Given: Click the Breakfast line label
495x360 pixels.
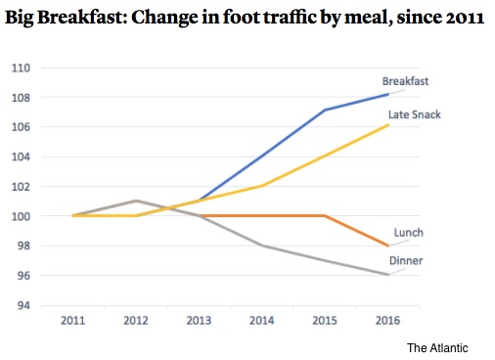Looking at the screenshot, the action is coord(405,81).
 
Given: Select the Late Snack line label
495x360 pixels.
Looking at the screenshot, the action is coord(415,114).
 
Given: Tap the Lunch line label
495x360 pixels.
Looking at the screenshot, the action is coord(409,233).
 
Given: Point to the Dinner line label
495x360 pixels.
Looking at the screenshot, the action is coord(406,260).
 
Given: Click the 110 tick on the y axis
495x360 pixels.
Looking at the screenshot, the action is coord(21,68).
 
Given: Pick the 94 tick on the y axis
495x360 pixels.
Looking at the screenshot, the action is coord(23,305).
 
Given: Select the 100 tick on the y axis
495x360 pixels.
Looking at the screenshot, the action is coord(21,216).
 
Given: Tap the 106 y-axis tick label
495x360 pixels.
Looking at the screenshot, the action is coord(21,127).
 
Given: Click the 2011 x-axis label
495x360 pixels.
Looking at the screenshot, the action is coord(72,321).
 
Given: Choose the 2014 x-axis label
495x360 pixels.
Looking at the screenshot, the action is coord(262,321).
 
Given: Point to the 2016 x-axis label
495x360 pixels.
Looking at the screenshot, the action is coord(387,321).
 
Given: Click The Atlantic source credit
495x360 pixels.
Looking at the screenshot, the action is coord(437,348).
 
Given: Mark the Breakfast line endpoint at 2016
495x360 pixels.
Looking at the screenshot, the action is coord(388,94).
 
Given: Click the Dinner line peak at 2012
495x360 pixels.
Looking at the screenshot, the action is coord(136,201).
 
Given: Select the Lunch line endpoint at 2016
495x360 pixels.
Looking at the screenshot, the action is coord(388,246).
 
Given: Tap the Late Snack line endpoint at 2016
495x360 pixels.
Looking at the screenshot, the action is coord(388,125).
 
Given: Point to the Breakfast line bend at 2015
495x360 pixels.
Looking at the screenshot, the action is coord(325,111).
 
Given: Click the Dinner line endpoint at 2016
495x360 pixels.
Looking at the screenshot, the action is coord(388,275).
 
